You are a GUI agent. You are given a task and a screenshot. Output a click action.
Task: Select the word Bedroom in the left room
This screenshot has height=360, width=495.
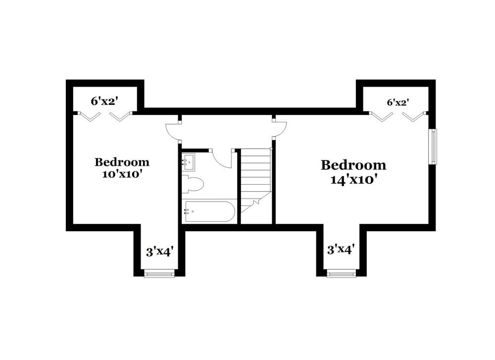[x=122, y=162]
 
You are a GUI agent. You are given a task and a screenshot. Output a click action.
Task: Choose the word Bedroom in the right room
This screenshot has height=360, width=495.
[x=353, y=165]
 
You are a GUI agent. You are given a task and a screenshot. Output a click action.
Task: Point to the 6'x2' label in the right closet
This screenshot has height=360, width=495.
[x=398, y=103]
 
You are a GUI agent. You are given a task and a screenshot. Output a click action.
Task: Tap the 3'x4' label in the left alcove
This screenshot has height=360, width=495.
[x=159, y=252]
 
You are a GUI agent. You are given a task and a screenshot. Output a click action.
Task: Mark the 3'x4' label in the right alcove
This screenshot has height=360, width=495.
[x=341, y=250]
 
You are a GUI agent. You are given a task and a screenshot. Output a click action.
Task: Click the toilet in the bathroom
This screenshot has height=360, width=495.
[x=194, y=184]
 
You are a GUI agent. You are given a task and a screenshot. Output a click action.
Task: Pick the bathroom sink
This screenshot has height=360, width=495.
[x=189, y=161]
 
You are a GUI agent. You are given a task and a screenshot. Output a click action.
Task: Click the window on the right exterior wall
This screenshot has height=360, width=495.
[x=433, y=146]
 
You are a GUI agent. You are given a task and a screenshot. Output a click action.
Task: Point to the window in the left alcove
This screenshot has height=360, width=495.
[x=159, y=273]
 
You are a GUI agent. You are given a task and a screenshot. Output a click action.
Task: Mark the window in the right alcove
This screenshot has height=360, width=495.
[x=342, y=273]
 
